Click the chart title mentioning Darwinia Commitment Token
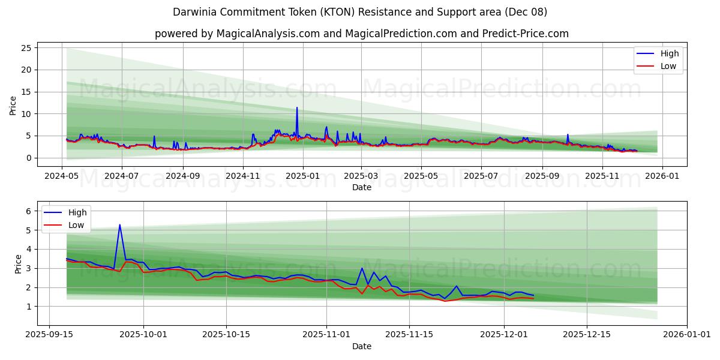360,12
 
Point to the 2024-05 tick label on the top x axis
62,176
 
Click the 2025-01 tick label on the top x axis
302,176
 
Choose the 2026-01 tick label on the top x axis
662,176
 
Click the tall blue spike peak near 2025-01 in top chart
296,108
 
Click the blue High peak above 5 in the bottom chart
119,225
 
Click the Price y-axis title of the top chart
13,104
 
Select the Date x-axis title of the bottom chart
361,346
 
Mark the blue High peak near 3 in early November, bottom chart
362,268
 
